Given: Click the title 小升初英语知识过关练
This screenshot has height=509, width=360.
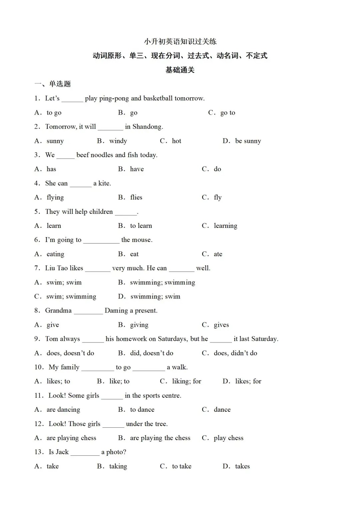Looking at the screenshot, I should point(180,42).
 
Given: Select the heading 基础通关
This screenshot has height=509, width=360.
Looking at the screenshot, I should point(180,70).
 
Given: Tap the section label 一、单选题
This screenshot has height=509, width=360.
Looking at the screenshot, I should point(53,84).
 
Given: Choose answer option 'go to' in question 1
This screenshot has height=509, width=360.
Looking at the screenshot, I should point(228,113).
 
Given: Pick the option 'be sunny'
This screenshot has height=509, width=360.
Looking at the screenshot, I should point(248,141).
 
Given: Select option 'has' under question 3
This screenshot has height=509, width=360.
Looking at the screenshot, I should point(51,169).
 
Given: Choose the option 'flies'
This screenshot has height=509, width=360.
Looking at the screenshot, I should point(136,198).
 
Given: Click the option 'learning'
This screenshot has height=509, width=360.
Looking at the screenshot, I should point(225,226).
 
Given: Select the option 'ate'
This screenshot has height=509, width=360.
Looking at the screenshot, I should point(218,254).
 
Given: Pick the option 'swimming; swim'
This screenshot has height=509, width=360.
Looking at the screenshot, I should point(155,296).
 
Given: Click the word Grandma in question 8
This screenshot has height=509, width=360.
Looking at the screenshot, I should point(58,310).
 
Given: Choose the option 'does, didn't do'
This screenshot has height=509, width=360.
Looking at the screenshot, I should point(235,353).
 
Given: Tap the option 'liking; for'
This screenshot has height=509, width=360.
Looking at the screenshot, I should point(187,381).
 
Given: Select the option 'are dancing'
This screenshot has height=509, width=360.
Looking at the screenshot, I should point(63,410).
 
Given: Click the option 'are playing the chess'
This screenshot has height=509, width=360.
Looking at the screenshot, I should point(160,438).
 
